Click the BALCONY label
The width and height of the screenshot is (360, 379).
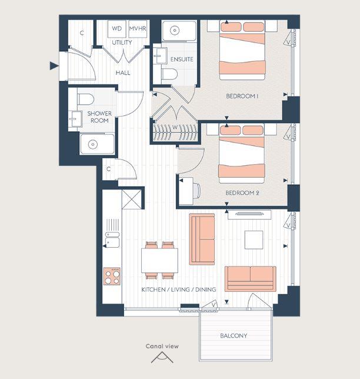234,336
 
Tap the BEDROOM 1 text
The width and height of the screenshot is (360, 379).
243,96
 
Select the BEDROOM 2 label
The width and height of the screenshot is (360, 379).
243,192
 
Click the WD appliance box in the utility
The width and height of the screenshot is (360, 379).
117,28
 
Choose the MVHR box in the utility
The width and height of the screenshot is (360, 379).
138,28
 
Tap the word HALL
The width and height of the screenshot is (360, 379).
123,73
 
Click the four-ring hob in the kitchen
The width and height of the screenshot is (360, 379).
112,276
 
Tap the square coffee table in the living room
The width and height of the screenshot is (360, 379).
254,240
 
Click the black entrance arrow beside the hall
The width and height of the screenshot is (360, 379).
54,65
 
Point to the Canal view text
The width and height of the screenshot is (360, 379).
162,346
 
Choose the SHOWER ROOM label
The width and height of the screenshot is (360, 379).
99,117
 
